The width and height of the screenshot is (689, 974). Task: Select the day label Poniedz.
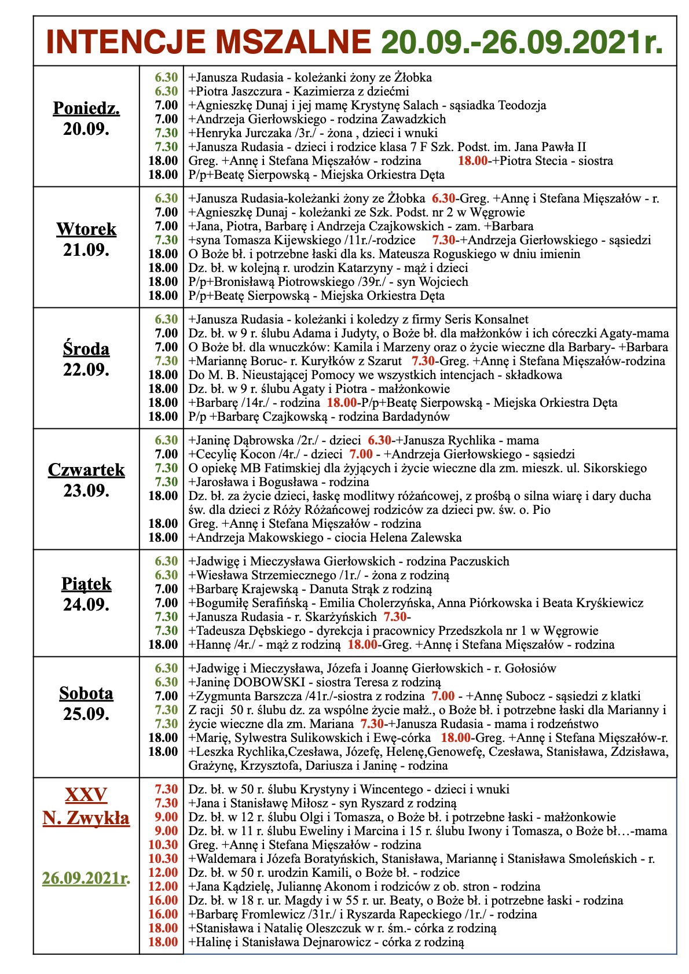(x=86, y=108)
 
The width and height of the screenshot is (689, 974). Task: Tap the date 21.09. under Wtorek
(x=86, y=251)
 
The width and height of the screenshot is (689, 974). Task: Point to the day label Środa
(x=86, y=349)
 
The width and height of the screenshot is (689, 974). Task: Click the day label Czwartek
(x=86, y=470)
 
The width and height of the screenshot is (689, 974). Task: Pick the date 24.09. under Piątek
(x=86, y=605)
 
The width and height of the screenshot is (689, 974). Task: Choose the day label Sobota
(x=86, y=693)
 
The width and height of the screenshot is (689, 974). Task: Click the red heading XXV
(x=86, y=795)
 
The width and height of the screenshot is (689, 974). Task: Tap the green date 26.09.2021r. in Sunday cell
(x=86, y=879)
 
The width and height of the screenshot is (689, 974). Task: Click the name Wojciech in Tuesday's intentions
(x=445, y=282)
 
